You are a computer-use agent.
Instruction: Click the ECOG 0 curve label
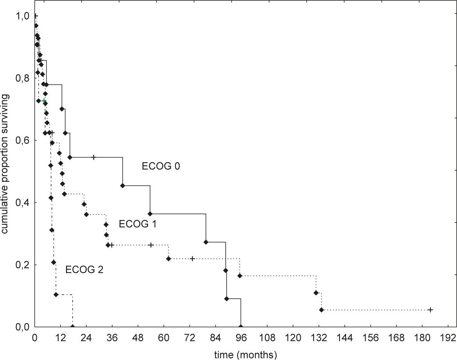point(161,166)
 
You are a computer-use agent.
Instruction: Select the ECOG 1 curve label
point(138,224)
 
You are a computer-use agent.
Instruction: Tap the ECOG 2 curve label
point(84,269)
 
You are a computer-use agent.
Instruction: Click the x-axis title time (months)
point(246,355)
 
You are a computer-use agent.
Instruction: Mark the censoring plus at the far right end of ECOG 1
point(430,310)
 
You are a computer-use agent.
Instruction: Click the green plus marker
point(44,101)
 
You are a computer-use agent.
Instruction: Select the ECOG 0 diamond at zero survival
point(241,327)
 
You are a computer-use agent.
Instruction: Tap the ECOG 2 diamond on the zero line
point(72,327)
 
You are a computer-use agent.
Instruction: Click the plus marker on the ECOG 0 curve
point(94,157)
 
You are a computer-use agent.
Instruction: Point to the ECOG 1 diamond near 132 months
point(316,293)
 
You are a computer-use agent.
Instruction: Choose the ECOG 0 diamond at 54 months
point(150,214)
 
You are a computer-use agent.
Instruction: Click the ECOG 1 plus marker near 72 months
point(193,258)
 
